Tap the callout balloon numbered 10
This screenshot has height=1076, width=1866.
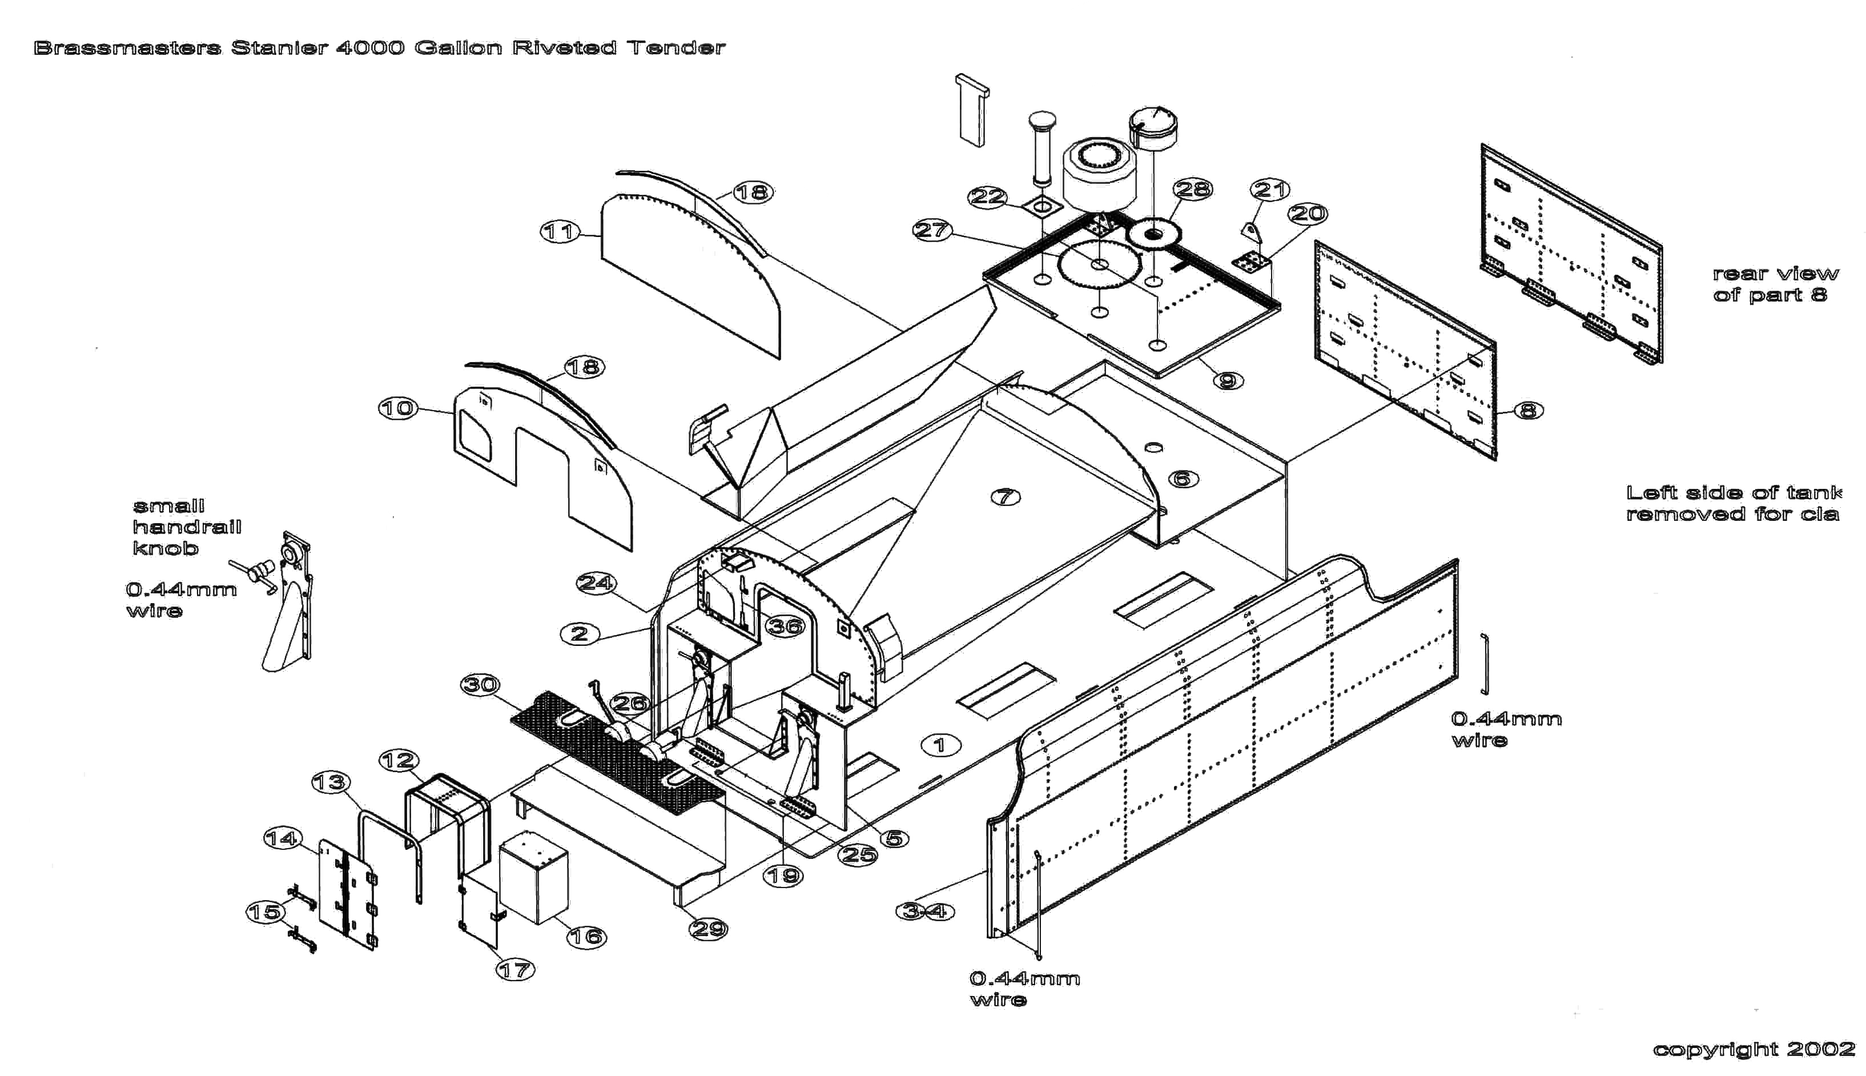(x=398, y=409)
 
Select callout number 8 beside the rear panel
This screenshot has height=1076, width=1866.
(x=1529, y=410)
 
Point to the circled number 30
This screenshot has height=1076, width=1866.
(x=480, y=685)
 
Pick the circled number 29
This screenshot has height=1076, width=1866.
(x=707, y=929)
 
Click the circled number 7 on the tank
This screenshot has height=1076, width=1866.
(x=1006, y=497)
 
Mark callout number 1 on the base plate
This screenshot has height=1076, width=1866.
(x=940, y=745)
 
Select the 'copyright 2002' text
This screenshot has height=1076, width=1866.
(x=1754, y=1049)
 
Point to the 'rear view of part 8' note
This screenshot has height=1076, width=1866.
(x=1775, y=284)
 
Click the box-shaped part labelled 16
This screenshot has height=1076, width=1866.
(x=533, y=877)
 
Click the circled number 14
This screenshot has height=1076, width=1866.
(x=282, y=838)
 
